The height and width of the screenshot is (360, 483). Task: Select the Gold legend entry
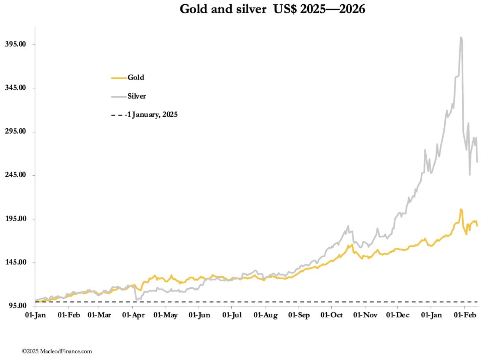point(136,78)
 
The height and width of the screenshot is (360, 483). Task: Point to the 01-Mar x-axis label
point(99,315)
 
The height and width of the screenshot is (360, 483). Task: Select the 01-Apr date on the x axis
point(133,315)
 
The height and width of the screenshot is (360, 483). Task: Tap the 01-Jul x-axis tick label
point(232,315)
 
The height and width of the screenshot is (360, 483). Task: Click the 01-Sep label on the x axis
point(299,315)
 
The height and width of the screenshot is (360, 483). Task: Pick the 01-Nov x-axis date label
point(365,315)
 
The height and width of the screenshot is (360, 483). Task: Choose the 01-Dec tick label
point(397,315)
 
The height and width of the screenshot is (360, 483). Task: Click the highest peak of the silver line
point(461,37)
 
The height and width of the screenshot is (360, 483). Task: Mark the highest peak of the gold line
point(461,209)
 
